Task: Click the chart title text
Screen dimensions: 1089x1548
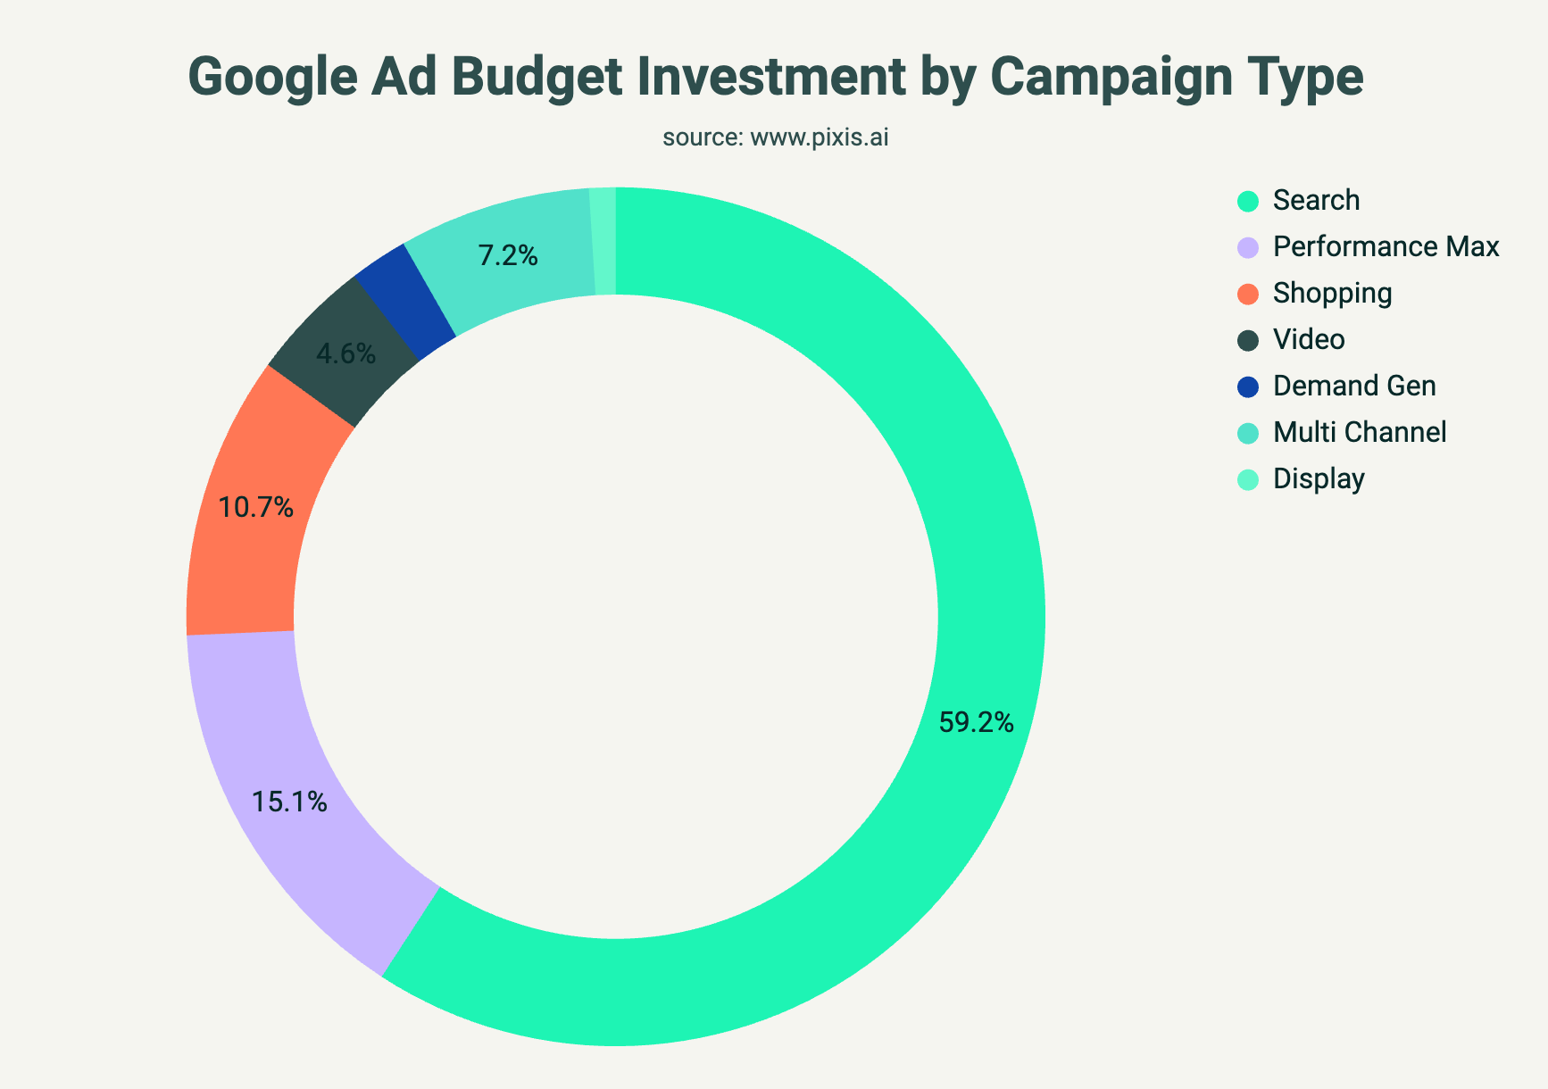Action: (775, 77)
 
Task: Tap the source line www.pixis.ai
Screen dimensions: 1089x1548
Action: (775, 138)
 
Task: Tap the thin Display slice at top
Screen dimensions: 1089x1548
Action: (604, 241)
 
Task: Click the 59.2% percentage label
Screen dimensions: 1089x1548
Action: (976, 723)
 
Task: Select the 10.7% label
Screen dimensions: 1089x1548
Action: (256, 508)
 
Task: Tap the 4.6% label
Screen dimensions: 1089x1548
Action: (345, 354)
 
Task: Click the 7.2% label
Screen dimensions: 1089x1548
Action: (508, 257)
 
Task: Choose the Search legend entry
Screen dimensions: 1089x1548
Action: (1316, 200)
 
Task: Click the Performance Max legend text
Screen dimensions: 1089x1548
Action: (1386, 246)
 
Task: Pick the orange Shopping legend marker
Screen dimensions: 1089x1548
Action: (1248, 294)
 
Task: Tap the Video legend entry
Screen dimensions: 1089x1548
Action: (1308, 340)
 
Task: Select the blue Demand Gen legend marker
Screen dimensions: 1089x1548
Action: (1248, 387)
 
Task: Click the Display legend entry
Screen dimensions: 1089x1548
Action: (1319, 479)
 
